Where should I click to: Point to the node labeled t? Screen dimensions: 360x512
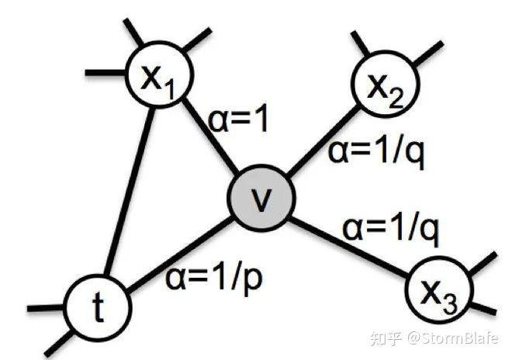(97, 305)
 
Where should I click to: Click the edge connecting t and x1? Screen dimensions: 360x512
(127, 194)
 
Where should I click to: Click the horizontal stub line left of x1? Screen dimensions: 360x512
(106, 72)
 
